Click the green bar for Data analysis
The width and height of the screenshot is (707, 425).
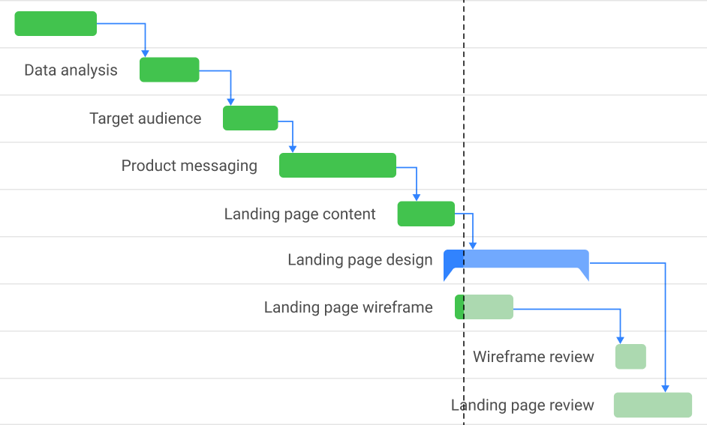click(170, 70)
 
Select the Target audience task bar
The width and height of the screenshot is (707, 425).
click(251, 118)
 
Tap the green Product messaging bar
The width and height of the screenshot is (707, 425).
click(338, 165)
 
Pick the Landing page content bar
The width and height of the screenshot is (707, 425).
click(426, 214)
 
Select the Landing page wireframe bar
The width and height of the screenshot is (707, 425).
click(484, 307)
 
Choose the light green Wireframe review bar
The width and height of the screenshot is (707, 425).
click(630, 357)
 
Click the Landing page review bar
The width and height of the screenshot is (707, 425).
click(653, 405)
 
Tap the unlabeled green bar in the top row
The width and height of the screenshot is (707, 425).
click(56, 23)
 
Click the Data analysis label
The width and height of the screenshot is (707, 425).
click(71, 70)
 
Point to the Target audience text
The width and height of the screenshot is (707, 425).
click(146, 118)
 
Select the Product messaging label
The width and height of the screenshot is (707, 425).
click(189, 166)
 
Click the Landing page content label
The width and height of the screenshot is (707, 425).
click(299, 214)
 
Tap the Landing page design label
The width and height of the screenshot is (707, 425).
click(360, 260)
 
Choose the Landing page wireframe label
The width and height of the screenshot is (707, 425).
click(348, 307)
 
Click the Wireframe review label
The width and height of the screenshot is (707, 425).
click(534, 357)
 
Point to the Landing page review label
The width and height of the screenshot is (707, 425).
click(522, 406)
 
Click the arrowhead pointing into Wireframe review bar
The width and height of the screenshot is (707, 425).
click(621, 340)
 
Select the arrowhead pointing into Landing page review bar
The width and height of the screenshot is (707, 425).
click(666, 388)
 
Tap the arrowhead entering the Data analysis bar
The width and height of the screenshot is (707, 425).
click(145, 53)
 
